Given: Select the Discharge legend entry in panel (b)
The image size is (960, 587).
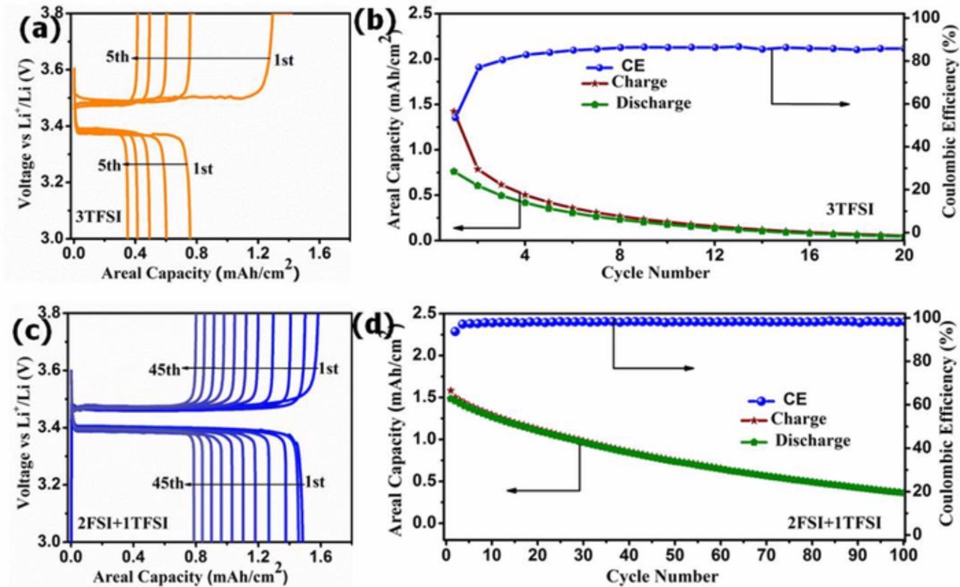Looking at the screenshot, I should point(652,103).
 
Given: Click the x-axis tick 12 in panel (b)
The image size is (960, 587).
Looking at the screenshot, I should point(714,255).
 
